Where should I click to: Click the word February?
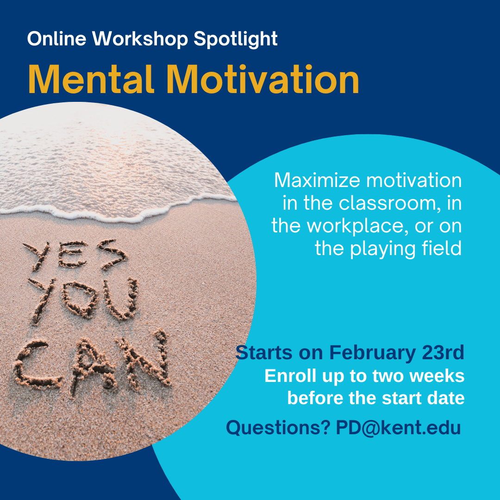[373, 353]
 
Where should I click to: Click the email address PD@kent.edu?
[398, 428]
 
